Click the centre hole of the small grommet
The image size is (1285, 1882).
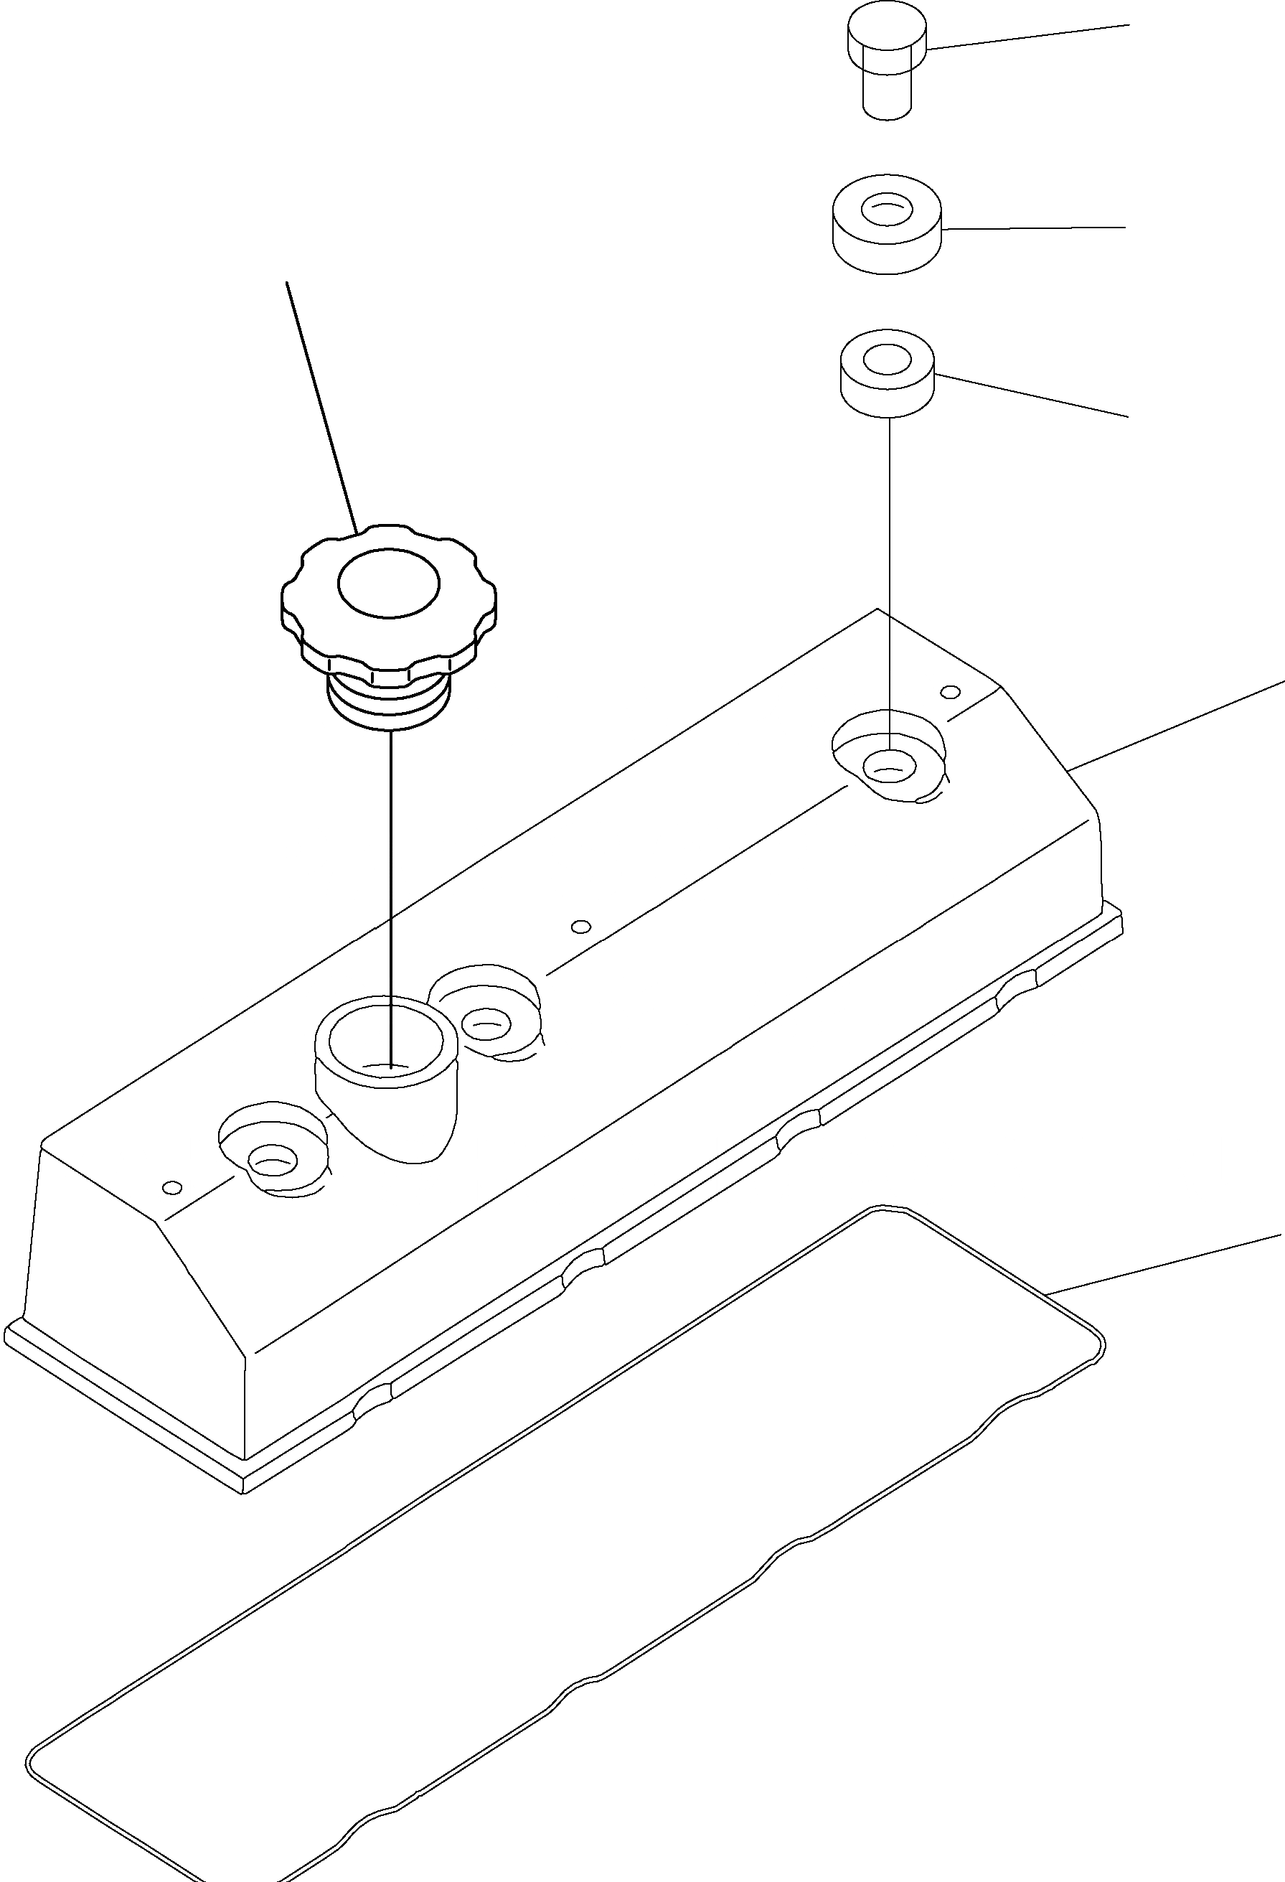click(x=888, y=359)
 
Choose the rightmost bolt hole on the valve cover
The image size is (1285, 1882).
click(x=890, y=764)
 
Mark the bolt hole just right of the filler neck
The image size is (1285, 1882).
click(x=486, y=1024)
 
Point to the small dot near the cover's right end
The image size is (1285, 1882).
click(x=952, y=692)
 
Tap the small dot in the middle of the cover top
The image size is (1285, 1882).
click(x=580, y=927)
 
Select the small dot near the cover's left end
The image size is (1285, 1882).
click(x=171, y=1187)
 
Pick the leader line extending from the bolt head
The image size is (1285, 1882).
click(x=1028, y=37)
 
